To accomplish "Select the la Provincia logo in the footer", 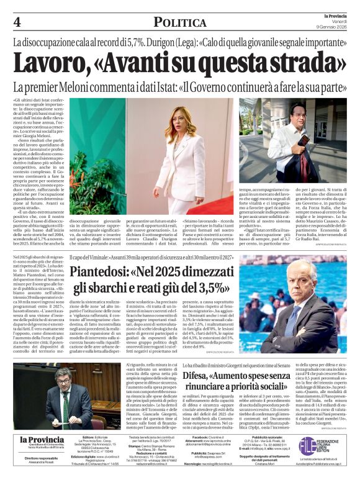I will [x=42, y=441].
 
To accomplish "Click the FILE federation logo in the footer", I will [x=325, y=445].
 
